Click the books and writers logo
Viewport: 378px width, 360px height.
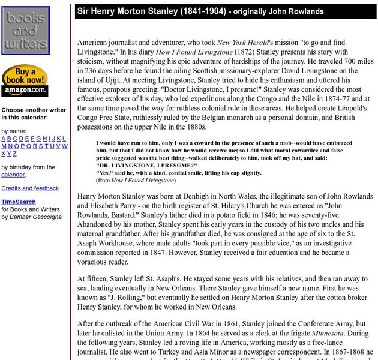point(25,31)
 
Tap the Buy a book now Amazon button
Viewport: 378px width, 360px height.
point(25,80)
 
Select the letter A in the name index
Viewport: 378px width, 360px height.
point(4,139)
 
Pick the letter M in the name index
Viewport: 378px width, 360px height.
point(4,146)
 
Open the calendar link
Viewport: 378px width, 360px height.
point(13,175)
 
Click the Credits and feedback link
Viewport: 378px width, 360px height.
point(30,188)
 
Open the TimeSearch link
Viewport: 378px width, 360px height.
point(19,202)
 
